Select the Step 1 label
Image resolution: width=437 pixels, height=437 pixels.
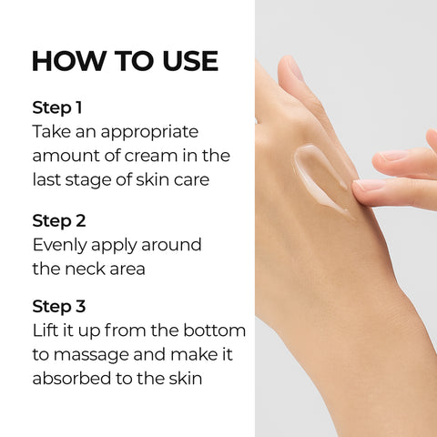click(56, 107)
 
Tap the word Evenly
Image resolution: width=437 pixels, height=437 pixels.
click(63, 245)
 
